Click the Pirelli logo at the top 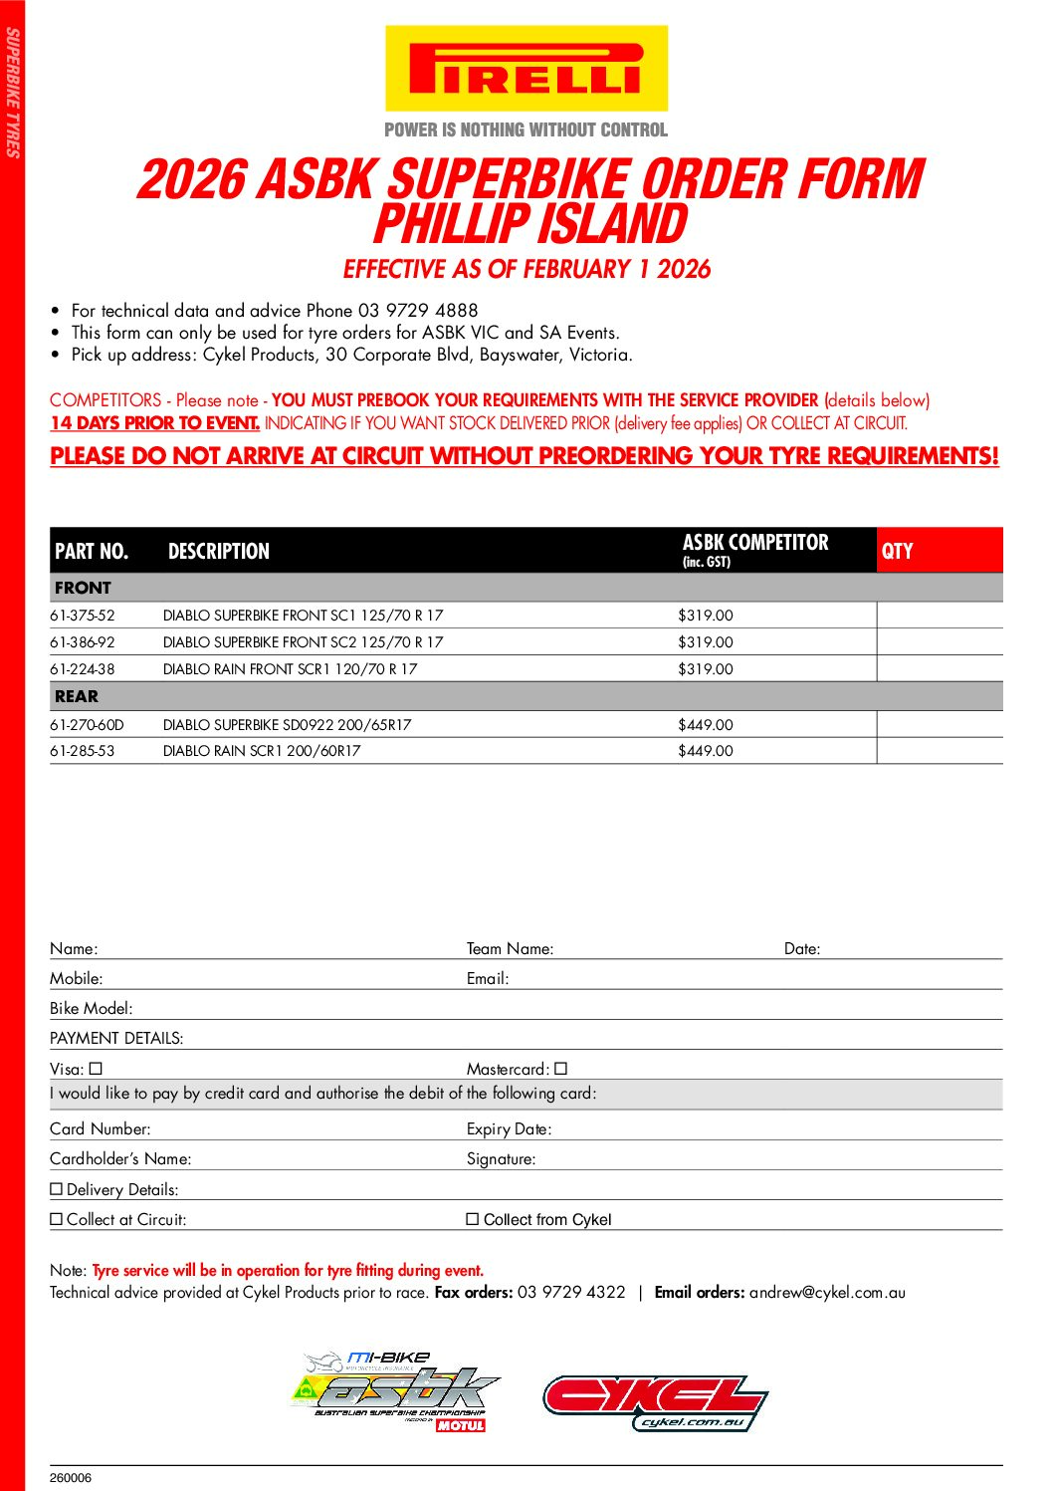click(x=526, y=69)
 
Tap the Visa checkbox click(x=96, y=1069)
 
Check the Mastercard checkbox click(x=561, y=1069)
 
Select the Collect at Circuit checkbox click(x=57, y=1219)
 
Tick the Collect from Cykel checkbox click(x=473, y=1219)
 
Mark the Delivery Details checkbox click(x=57, y=1189)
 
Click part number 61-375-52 click(x=83, y=616)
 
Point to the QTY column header click(x=897, y=551)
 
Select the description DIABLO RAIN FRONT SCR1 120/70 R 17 click(x=290, y=669)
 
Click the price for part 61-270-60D click(x=705, y=725)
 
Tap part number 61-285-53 click(x=83, y=751)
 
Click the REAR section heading click(x=77, y=696)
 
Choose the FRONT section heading click(x=83, y=588)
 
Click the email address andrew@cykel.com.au click(x=827, y=1293)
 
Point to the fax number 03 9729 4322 click(x=571, y=1293)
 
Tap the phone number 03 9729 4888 click(x=418, y=311)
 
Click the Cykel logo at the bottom click(x=655, y=1402)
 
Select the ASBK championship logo click(x=396, y=1392)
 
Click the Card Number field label click(x=101, y=1129)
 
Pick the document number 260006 click(x=71, y=1478)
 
